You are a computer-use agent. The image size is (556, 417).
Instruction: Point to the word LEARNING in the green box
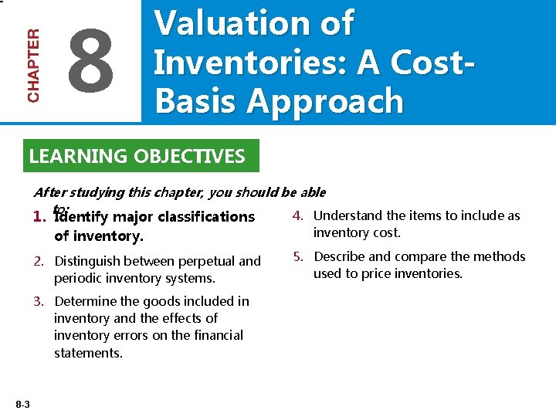pyautogui.click(x=78, y=157)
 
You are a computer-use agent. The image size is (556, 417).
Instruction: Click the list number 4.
pyautogui.click(x=298, y=215)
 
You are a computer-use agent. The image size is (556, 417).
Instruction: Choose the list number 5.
pyautogui.click(x=298, y=256)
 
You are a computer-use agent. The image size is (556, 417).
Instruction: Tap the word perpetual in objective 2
pyautogui.click(x=206, y=261)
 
